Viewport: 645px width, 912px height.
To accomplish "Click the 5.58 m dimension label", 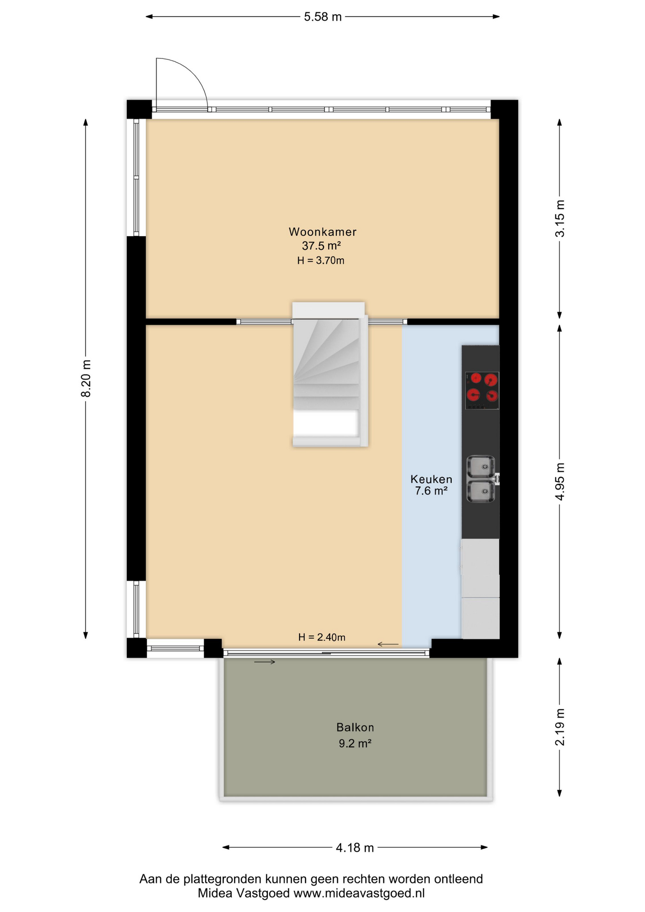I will click(322, 17).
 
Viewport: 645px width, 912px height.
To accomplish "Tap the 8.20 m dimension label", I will click(86, 378).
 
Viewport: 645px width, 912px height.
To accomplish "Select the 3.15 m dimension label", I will click(560, 218).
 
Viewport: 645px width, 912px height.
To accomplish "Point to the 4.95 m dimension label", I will click(560, 481).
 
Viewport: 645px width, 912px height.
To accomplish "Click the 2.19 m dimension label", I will click(560, 727).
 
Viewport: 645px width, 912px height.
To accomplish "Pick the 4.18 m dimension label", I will click(355, 847).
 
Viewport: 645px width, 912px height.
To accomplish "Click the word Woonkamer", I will click(322, 232).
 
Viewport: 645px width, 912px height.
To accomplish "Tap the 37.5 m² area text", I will click(322, 246).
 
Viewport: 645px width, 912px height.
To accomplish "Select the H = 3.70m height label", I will click(321, 260).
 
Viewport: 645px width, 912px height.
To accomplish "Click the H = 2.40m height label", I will click(322, 637).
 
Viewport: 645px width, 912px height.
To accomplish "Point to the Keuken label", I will click(431, 479).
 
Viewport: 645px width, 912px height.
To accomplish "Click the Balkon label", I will click(355, 727).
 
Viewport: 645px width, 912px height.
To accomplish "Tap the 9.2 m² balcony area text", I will click(355, 743).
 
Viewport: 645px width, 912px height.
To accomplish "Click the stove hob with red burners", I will click(482, 390).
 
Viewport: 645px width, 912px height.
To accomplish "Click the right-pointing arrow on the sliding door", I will click(265, 662).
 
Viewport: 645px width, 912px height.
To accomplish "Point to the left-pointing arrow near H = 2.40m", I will click(388, 644).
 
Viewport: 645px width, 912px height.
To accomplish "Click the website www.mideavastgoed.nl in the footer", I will click(359, 893).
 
